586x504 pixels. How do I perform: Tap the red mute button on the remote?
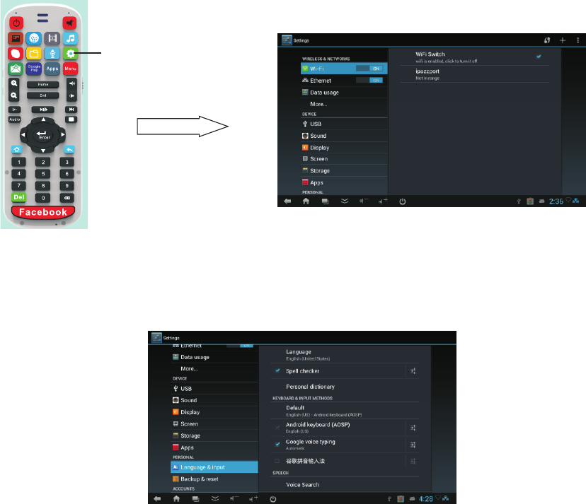(x=69, y=22)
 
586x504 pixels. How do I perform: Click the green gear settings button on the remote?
(x=69, y=53)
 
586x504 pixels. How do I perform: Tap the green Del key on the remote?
(x=18, y=198)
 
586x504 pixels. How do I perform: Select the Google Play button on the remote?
(x=33, y=69)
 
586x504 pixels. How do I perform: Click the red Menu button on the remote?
(x=69, y=69)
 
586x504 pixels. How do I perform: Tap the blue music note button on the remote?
(x=69, y=37)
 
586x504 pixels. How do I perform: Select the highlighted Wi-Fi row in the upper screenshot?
(x=344, y=69)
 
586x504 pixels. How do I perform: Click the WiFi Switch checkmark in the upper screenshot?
(x=539, y=56)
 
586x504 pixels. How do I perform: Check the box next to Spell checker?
(x=278, y=370)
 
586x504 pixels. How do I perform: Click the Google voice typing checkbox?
(x=278, y=443)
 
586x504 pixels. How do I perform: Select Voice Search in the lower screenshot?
(x=302, y=484)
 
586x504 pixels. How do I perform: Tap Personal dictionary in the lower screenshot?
(x=310, y=387)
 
